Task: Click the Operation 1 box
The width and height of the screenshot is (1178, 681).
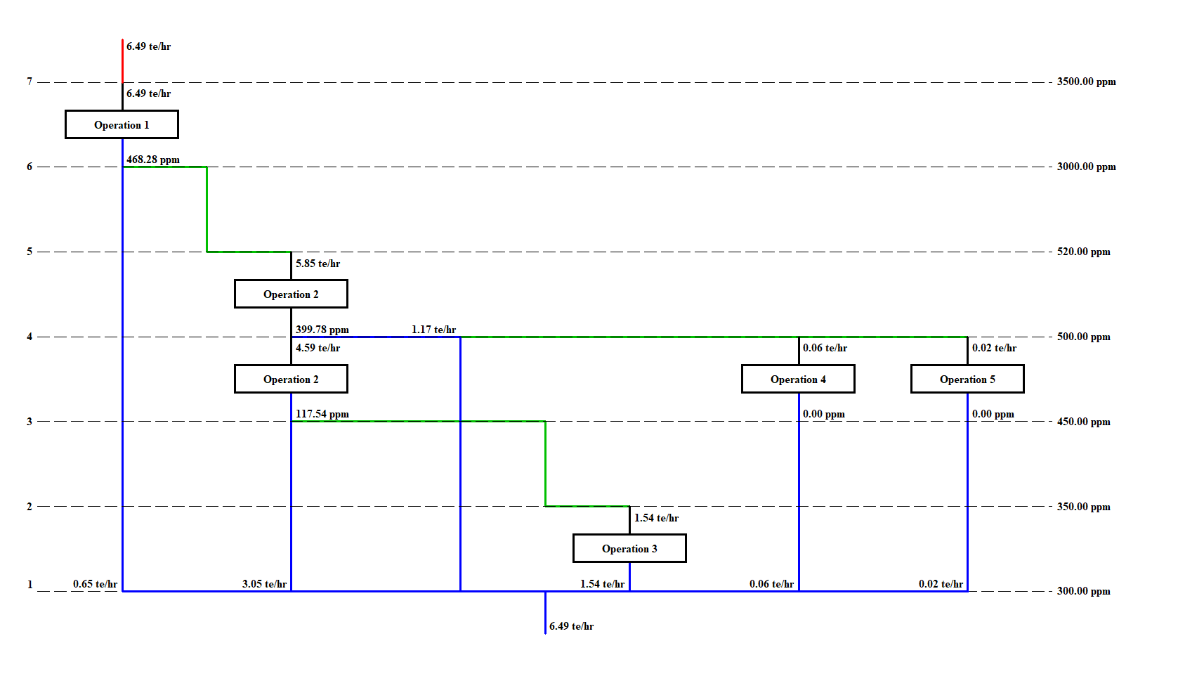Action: click(x=122, y=125)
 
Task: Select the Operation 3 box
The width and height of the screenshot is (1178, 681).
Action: click(x=629, y=549)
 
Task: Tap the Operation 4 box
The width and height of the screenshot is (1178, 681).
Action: click(x=798, y=380)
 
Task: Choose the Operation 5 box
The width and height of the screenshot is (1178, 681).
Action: click(x=967, y=380)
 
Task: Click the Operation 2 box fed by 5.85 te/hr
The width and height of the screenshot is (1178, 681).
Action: click(x=291, y=294)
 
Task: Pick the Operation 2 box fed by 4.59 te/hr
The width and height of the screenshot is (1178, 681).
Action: click(x=291, y=380)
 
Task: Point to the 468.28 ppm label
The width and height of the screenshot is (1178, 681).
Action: click(x=153, y=160)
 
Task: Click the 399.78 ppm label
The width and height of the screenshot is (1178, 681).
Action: click(x=322, y=330)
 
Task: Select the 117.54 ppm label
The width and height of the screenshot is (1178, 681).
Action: click(x=322, y=414)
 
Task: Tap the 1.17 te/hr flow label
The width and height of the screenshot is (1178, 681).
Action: click(x=433, y=330)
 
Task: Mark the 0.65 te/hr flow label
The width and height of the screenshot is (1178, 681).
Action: click(x=95, y=584)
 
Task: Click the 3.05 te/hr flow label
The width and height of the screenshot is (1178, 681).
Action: click(x=264, y=584)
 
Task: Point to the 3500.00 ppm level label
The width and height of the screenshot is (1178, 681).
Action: click(x=1086, y=82)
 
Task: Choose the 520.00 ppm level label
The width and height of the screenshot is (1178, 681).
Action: click(x=1083, y=252)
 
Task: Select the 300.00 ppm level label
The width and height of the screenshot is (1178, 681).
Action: click(x=1083, y=591)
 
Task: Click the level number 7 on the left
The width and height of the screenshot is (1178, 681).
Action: click(x=30, y=82)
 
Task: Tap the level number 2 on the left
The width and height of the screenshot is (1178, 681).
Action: click(x=30, y=507)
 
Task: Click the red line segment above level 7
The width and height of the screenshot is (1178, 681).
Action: click(x=123, y=61)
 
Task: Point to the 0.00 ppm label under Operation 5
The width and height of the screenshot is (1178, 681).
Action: click(x=993, y=414)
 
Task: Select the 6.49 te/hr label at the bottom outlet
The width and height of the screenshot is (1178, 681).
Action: click(x=571, y=626)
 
